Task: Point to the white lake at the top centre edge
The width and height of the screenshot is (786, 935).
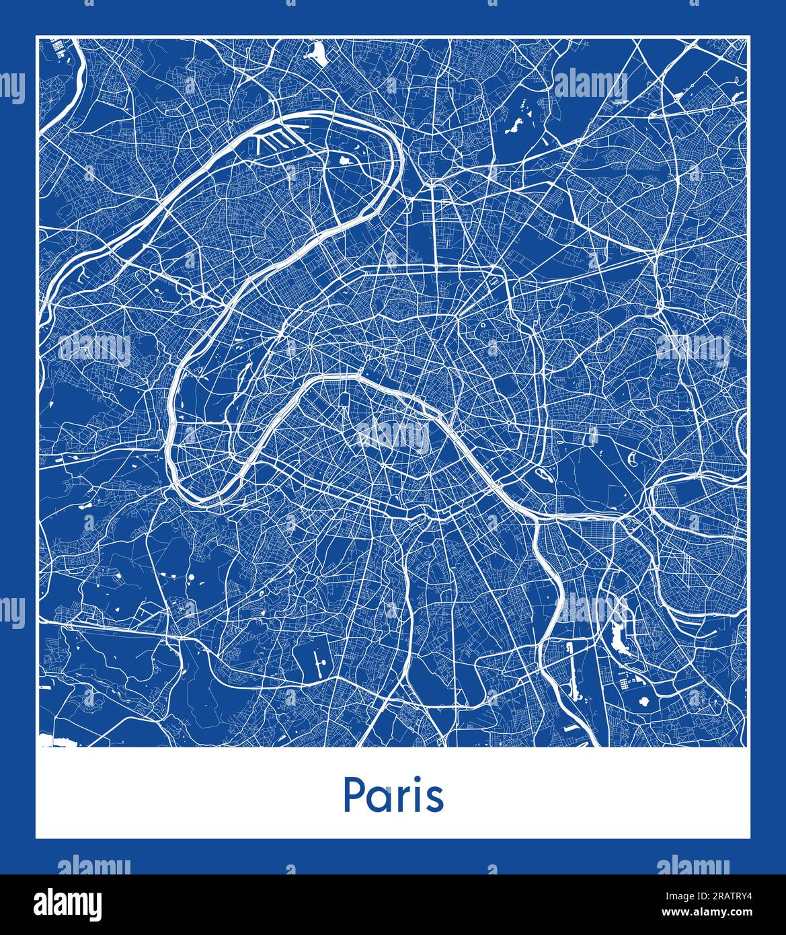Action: click(315, 51)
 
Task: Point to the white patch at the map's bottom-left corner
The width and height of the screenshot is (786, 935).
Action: click(51, 742)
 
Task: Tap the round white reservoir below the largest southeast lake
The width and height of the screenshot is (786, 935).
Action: click(645, 702)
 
